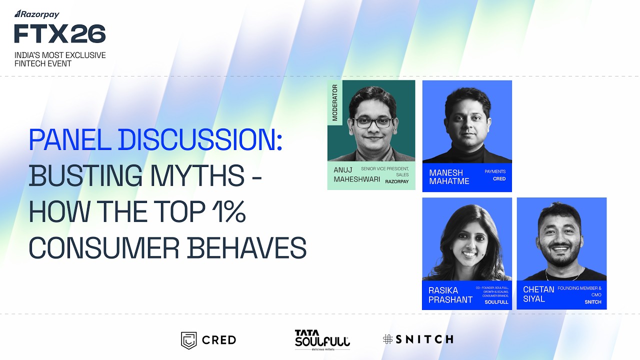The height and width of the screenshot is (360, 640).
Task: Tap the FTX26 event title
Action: (x=60, y=34)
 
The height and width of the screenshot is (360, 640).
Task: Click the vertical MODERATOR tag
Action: (x=335, y=102)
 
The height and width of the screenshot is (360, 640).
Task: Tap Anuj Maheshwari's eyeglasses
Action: (x=371, y=122)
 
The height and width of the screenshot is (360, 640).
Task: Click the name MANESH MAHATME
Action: (x=449, y=176)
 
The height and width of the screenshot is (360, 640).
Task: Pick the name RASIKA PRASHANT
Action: (x=450, y=294)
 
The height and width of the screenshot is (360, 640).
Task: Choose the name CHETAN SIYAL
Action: (x=538, y=294)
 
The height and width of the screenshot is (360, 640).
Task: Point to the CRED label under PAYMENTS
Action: (x=499, y=178)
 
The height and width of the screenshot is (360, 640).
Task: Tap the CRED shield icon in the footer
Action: (x=188, y=340)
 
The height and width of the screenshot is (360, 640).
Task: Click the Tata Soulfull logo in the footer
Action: (x=322, y=339)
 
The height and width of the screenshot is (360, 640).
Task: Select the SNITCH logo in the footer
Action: (x=418, y=339)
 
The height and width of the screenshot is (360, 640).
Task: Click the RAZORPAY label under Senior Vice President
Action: (x=396, y=181)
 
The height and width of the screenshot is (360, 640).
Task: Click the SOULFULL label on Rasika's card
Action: (x=496, y=302)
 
